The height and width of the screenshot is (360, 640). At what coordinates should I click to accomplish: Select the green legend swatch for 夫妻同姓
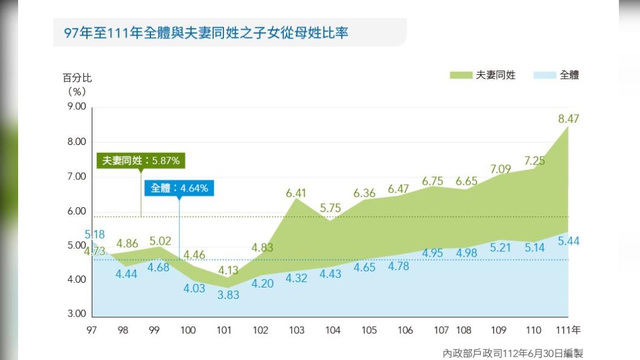click(x=460, y=76)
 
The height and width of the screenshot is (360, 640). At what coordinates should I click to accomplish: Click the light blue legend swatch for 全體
click(x=544, y=76)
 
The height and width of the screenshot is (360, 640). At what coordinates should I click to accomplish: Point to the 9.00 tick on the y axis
click(x=75, y=106)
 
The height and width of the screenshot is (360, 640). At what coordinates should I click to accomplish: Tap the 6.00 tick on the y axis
click(x=75, y=211)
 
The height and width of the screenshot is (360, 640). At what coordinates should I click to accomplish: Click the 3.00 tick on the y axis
click(x=75, y=314)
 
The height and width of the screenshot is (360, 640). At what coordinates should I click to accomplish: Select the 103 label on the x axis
click(x=296, y=330)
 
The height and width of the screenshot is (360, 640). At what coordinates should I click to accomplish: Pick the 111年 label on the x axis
click(x=568, y=330)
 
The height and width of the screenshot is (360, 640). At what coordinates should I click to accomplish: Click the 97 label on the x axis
click(x=92, y=330)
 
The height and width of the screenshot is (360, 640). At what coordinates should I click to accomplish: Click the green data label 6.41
click(x=296, y=193)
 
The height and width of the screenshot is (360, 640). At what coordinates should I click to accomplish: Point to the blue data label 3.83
click(x=229, y=295)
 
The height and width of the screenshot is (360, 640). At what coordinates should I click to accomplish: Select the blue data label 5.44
click(x=568, y=241)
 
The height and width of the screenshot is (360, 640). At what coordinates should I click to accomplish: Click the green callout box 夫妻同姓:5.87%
click(x=141, y=161)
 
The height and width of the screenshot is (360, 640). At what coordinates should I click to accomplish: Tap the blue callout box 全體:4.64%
click(x=179, y=188)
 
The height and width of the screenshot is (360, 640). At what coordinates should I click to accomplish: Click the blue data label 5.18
click(x=95, y=234)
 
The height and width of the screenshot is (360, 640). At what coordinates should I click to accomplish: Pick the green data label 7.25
click(x=534, y=161)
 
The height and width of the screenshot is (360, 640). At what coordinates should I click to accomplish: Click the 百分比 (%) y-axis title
click(x=77, y=85)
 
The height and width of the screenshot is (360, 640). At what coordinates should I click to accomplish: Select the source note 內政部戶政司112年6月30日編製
click(x=512, y=353)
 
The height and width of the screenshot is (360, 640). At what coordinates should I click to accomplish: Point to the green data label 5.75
click(x=330, y=208)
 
